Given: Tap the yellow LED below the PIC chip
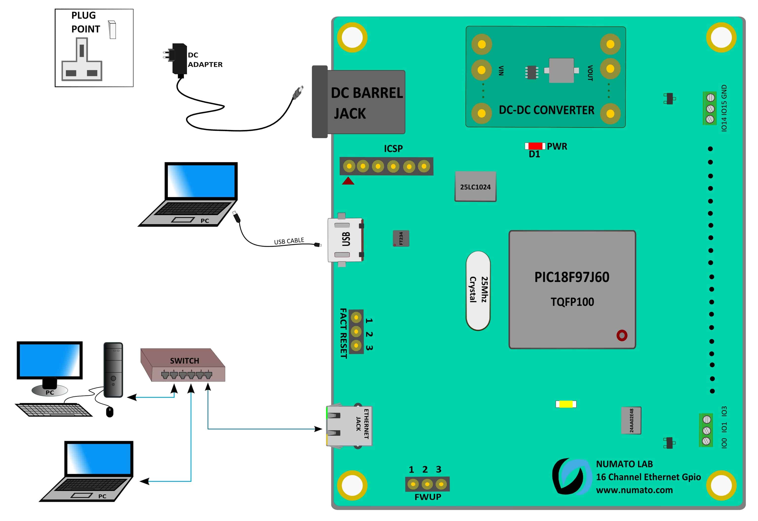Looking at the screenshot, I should [566, 404].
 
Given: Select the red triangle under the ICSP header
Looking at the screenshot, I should [348, 181].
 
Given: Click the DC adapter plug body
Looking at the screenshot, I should [179, 59].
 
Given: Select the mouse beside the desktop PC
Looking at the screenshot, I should [110, 412].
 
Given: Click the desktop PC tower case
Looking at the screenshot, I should [113, 370].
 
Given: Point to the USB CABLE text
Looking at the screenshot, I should [289, 241].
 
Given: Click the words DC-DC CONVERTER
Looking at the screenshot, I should [546, 110].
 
